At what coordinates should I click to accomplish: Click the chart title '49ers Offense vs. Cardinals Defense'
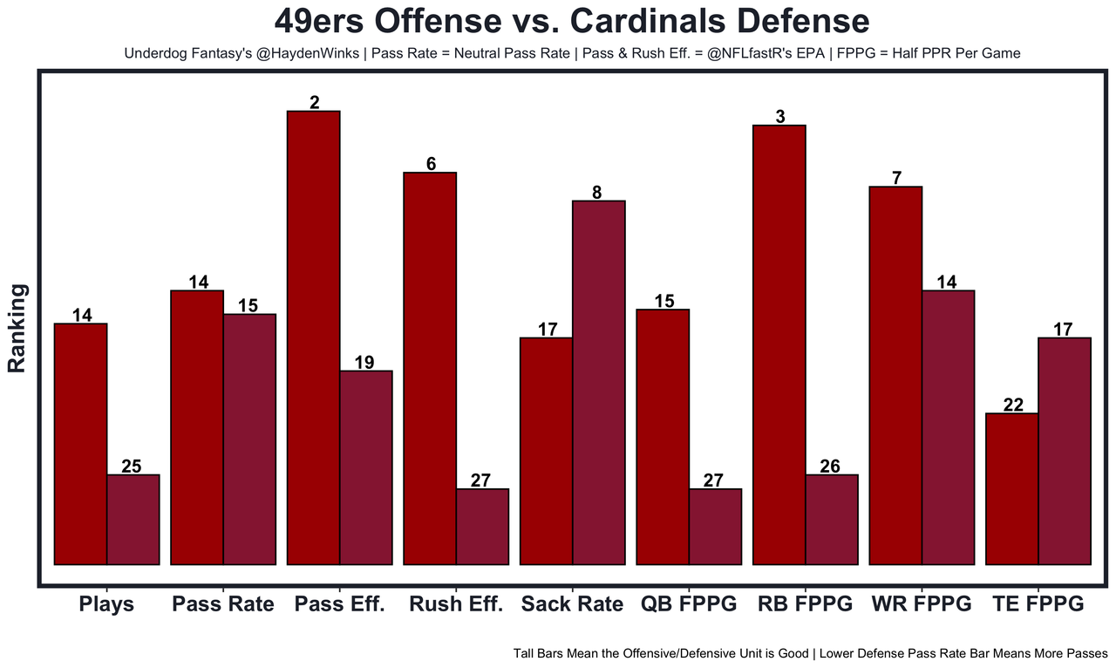click(x=571, y=22)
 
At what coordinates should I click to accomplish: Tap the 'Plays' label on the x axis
click(x=106, y=603)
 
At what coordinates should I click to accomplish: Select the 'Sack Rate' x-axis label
click(x=572, y=603)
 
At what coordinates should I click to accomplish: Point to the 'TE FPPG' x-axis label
click(x=1038, y=603)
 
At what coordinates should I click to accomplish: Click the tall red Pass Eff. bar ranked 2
click(x=314, y=338)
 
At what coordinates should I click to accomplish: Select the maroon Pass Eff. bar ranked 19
click(x=366, y=467)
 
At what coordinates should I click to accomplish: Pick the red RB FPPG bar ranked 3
click(x=779, y=345)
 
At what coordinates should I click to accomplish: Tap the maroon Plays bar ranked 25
click(x=133, y=520)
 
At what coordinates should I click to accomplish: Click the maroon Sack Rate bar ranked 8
click(x=598, y=383)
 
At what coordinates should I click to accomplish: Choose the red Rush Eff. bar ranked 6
click(x=430, y=369)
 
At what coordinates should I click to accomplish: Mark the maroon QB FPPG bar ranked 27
click(x=715, y=527)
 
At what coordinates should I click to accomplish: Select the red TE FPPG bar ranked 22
click(x=1011, y=489)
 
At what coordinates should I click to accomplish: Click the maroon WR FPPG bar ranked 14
click(x=948, y=427)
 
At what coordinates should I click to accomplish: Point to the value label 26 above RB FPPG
click(x=830, y=467)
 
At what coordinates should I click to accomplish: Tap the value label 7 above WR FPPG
click(x=896, y=178)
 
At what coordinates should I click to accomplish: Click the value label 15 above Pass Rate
click(x=248, y=306)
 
